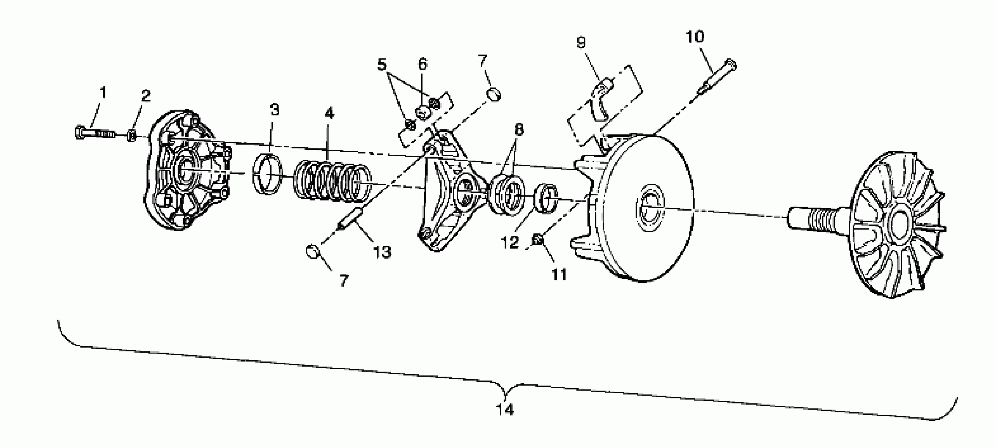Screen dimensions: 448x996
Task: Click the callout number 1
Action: pyautogui.click(x=103, y=93)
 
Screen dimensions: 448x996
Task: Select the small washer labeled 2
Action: pyautogui.click(x=132, y=136)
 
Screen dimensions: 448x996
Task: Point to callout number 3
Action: pyautogui.click(x=275, y=110)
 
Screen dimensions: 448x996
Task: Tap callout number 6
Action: pyautogui.click(x=423, y=64)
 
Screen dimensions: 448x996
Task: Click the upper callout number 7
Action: pyautogui.click(x=482, y=61)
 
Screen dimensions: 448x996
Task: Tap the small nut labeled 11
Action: pyautogui.click(x=537, y=240)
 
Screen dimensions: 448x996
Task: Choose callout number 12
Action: pyautogui.click(x=509, y=243)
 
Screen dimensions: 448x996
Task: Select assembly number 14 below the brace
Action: pyautogui.click(x=505, y=409)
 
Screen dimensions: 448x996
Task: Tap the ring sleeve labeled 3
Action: pyautogui.click(x=267, y=174)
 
